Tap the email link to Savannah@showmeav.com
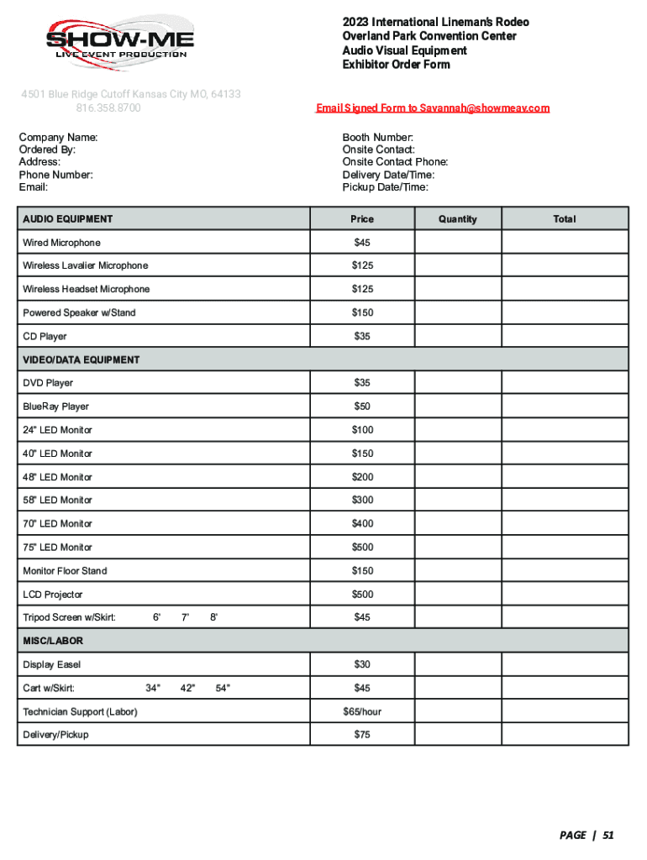(x=432, y=108)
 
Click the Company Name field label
(x=58, y=137)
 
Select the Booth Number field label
(x=377, y=137)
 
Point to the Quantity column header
(x=457, y=219)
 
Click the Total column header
(x=565, y=219)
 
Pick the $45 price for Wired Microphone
(x=362, y=243)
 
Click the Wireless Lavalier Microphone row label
(x=86, y=266)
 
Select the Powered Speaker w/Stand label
(x=79, y=313)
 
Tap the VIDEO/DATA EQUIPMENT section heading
(x=82, y=359)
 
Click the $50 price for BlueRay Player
(x=362, y=406)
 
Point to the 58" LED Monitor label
(x=57, y=501)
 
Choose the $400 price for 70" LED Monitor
(x=362, y=524)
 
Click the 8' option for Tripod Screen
(x=214, y=618)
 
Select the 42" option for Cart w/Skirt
(x=187, y=689)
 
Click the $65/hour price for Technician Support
(x=362, y=712)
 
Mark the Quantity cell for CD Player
(x=457, y=337)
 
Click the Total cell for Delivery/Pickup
(x=565, y=735)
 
